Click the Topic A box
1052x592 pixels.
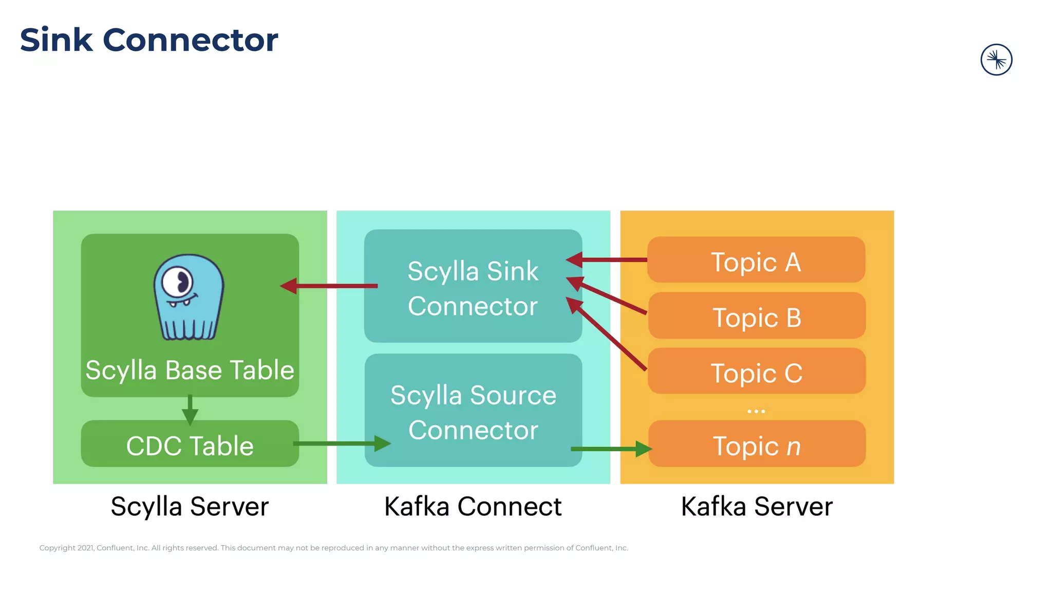756,260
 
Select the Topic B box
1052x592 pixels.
757,316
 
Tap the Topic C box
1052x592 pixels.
757,371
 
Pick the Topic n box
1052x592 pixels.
757,444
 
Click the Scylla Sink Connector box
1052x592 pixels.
473,286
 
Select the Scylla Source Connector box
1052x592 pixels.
473,411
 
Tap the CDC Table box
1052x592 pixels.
190,444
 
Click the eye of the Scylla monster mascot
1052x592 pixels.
178,282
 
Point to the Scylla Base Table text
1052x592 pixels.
190,370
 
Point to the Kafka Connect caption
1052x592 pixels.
473,507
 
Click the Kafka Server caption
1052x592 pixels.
757,507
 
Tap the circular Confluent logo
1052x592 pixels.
996,60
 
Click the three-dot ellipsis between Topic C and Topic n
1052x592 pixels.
756,411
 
